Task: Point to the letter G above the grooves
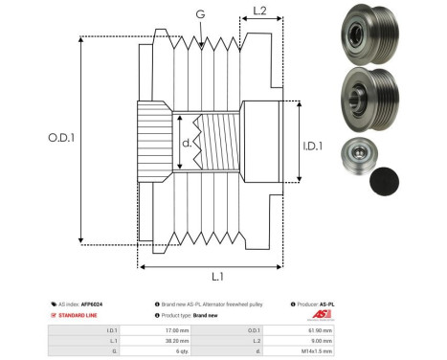[x=199, y=13]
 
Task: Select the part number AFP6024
[x=92, y=304]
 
